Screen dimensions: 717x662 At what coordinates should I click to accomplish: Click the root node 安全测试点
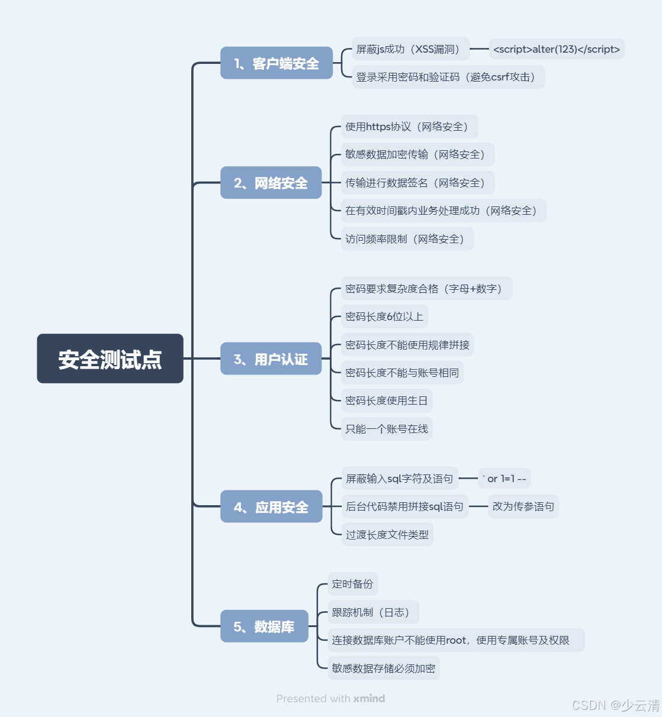tap(110, 358)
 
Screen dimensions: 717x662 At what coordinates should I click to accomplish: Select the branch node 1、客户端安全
tap(277, 63)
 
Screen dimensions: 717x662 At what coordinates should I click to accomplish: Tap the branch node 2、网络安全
tap(271, 183)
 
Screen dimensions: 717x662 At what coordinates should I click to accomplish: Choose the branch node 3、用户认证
tap(271, 358)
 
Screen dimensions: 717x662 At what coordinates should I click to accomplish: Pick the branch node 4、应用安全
tap(271, 506)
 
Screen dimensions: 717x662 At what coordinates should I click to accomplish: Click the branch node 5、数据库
tap(264, 626)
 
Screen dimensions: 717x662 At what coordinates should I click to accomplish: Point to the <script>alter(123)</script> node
tap(557, 49)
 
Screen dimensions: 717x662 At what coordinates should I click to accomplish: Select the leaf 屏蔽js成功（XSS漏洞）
tap(410, 49)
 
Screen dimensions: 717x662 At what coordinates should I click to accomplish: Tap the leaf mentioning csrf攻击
tap(448, 77)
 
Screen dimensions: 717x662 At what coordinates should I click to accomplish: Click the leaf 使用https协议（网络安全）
tap(409, 127)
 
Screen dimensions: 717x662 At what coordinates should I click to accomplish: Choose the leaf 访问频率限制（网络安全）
tap(407, 239)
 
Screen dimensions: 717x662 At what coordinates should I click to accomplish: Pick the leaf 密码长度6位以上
tap(384, 316)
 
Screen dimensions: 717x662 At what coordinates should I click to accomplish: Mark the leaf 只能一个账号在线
tap(387, 429)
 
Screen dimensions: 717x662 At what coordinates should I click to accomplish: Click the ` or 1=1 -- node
tap(504, 479)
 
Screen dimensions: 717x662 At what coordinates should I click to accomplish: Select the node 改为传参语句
tap(523, 506)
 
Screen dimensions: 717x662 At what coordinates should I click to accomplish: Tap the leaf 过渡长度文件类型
tap(387, 535)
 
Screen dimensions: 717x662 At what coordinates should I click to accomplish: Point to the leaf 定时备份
tap(352, 584)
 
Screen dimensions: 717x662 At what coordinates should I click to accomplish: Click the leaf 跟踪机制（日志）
tap(373, 612)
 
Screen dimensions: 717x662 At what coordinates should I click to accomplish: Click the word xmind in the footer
tap(369, 699)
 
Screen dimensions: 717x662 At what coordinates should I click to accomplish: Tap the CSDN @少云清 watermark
tap(615, 705)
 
